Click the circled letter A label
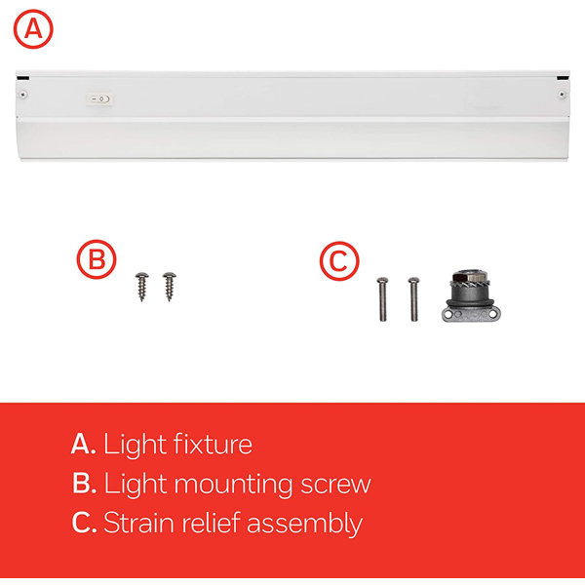(x=33, y=30)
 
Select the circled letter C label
(x=339, y=261)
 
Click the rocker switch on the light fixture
(x=97, y=98)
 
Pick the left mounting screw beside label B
(x=141, y=286)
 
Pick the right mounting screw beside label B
(x=168, y=286)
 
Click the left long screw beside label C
(x=382, y=298)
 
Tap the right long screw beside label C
(x=413, y=298)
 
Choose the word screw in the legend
(x=338, y=484)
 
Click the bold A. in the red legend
(x=83, y=445)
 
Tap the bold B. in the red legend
(x=83, y=484)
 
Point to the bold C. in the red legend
(x=83, y=523)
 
